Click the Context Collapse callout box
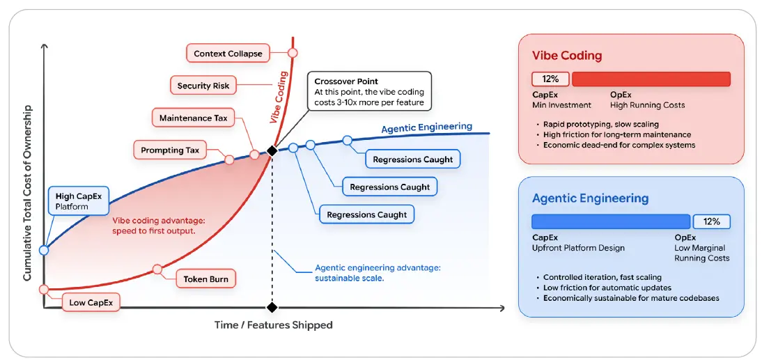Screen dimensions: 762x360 tap(228, 54)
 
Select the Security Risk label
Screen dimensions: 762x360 tap(203, 86)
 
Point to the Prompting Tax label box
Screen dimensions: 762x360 tap(170, 150)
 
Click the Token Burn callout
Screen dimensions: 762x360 tap(203, 279)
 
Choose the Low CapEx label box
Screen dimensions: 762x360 tap(91, 303)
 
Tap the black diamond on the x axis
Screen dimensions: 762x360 tap(272, 307)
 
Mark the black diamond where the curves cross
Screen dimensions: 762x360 tap(272, 151)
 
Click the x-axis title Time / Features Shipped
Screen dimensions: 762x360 tap(274, 325)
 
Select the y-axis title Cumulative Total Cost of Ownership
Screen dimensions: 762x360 tap(28, 193)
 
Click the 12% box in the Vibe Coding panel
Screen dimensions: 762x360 tap(550, 79)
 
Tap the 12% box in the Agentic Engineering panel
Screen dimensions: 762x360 tap(711, 221)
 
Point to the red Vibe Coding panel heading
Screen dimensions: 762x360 tap(567, 56)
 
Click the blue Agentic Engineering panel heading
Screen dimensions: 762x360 tap(590, 198)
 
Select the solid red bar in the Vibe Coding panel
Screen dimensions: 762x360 tap(651, 79)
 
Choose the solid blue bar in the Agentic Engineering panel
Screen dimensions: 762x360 tap(611, 221)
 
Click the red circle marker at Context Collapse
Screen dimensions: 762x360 tap(293, 53)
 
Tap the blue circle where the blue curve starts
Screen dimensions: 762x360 tap(44, 250)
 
